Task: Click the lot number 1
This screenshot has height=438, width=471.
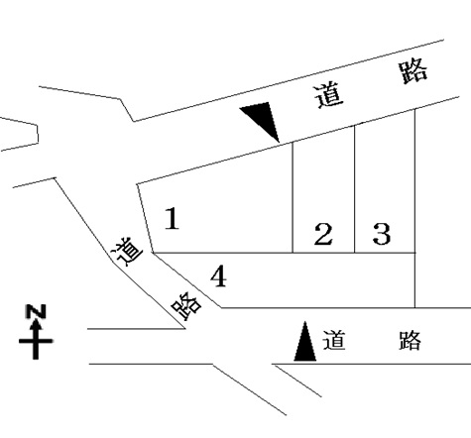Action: [x=173, y=218]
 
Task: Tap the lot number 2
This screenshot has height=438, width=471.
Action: [x=323, y=234]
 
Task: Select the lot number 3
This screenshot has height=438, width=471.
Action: [x=382, y=234]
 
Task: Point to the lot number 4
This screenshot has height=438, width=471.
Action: [x=219, y=276]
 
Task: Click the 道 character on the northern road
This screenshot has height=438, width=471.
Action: [x=328, y=96]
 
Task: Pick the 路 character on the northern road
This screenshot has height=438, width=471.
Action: [x=413, y=71]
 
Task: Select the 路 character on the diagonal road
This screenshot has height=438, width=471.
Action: [x=186, y=306]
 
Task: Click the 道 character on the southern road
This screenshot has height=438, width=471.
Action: [x=334, y=340]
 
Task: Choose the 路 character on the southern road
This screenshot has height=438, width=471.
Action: [x=410, y=340]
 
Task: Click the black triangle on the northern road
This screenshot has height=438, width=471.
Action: [x=264, y=119]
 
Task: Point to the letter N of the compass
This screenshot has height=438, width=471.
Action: [x=36, y=312]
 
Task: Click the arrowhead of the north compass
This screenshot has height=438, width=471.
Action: [x=36, y=325]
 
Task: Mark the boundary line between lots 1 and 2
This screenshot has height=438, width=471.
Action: [x=293, y=197]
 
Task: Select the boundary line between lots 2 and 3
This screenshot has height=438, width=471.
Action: [x=355, y=189]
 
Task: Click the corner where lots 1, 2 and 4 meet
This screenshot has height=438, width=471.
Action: [x=293, y=253]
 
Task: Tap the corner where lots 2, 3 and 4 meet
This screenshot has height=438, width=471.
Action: [x=355, y=253]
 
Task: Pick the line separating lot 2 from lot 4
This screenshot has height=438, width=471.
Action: [x=323, y=253]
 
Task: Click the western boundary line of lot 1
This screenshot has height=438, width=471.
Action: [x=145, y=218]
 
